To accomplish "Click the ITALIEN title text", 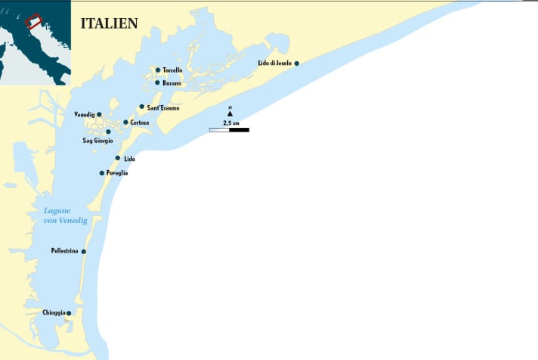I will [x=109, y=23].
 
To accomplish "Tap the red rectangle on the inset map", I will [x=33, y=21].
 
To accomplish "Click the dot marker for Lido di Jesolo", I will [x=297, y=64].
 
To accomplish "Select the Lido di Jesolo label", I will [x=274, y=64].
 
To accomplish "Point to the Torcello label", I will [x=172, y=70].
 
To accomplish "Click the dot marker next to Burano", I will [x=157, y=82].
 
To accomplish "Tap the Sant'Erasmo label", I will [x=163, y=108].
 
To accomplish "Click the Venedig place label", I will [x=84, y=115].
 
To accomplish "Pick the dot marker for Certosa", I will [x=125, y=122].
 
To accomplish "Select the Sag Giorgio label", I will [x=97, y=141].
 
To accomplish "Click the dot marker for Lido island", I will [x=117, y=158].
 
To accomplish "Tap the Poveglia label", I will [x=117, y=173].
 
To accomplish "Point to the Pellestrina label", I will [x=65, y=251].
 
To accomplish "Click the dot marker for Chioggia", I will [x=69, y=313].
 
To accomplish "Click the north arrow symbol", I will [x=230, y=113].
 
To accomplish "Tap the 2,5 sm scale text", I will [x=230, y=122].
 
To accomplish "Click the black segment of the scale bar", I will [x=239, y=130].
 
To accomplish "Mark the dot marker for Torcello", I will [x=158, y=70].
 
